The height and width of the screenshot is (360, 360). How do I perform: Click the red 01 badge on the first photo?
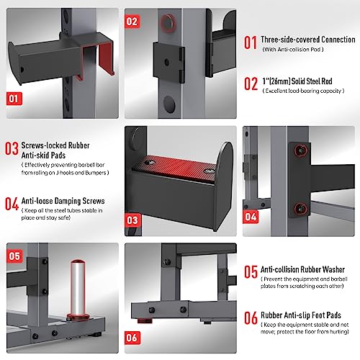click(x=14, y=99)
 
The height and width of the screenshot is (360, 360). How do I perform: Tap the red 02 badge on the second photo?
click(x=132, y=22)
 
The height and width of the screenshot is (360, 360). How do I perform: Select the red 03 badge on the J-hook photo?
click(x=132, y=220)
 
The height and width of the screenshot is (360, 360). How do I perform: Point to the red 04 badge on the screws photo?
click(x=251, y=217)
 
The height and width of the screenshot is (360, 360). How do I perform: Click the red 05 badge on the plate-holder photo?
click(x=14, y=256)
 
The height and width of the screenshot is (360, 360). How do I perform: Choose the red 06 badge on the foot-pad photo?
click(x=132, y=338)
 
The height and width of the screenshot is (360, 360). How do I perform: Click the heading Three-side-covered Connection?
click(x=308, y=40)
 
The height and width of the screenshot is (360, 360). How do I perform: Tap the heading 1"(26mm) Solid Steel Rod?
click(x=297, y=81)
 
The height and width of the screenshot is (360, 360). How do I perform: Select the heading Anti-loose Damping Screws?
click(x=63, y=201)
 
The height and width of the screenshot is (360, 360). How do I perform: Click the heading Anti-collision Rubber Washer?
click(x=302, y=269)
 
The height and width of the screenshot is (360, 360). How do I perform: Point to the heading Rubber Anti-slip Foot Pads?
click(x=301, y=315)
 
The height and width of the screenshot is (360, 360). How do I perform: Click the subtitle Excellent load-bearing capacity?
click(x=303, y=91)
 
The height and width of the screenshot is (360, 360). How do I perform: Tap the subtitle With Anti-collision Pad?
click(x=293, y=50)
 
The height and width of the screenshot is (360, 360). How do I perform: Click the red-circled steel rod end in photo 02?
click(x=168, y=23)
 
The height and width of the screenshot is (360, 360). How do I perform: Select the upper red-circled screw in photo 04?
click(x=301, y=150)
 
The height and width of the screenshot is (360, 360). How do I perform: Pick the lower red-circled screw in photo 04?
click(x=300, y=208)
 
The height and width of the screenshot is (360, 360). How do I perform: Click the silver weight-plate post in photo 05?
click(x=78, y=289)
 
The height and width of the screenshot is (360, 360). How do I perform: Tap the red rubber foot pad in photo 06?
click(x=145, y=320)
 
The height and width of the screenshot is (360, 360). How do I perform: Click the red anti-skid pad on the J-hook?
click(x=175, y=168)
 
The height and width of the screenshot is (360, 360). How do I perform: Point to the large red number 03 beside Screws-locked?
click(x=12, y=148)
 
